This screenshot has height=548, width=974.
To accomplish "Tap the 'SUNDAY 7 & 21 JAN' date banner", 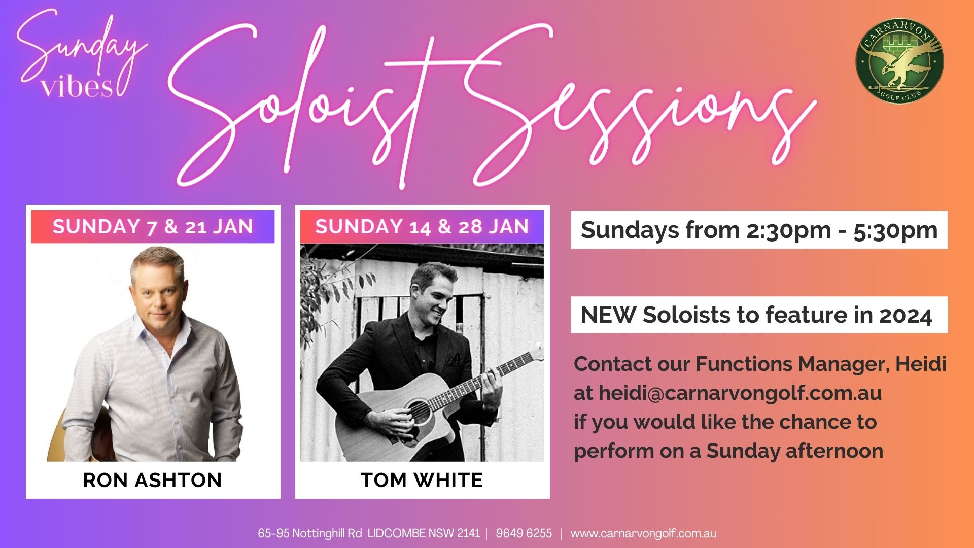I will (x=153, y=226).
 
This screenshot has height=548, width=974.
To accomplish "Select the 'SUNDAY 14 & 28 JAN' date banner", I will (x=422, y=226).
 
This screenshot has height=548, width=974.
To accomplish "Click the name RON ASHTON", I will (x=153, y=480).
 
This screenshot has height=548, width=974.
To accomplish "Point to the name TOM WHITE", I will (x=422, y=480).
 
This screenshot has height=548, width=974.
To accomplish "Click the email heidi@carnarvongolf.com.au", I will (x=740, y=393).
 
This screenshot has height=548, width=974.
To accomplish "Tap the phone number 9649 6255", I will (x=524, y=533).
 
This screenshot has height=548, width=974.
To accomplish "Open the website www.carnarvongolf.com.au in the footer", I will (x=643, y=533).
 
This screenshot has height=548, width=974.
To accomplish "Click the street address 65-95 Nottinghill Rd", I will (x=309, y=533).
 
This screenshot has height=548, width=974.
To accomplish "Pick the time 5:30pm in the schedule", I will (x=895, y=230).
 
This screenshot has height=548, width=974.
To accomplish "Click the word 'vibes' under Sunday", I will (x=77, y=87).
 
